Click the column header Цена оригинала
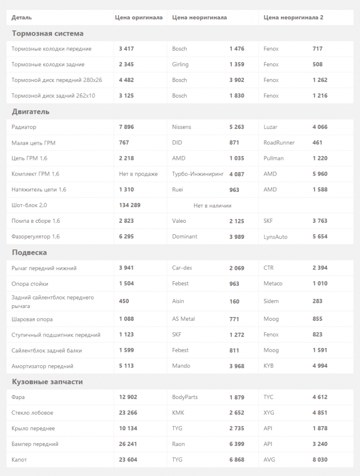point(139,18)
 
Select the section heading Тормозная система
point(48,34)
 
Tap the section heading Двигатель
point(30,112)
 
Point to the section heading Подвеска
point(30,253)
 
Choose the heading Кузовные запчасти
point(47,382)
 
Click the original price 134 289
point(130,205)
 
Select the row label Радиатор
point(24,127)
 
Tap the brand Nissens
point(181,127)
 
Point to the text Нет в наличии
point(212,206)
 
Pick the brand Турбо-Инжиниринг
point(198,174)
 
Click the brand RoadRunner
point(279,143)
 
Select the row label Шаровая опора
point(32,319)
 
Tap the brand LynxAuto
point(275,237)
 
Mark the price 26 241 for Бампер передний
point(128,444)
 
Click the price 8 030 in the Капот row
point(320,460)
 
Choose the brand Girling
point(180,64)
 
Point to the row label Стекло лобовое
point(32,413)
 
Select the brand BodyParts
point(185,397)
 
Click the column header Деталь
point(22,18)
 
